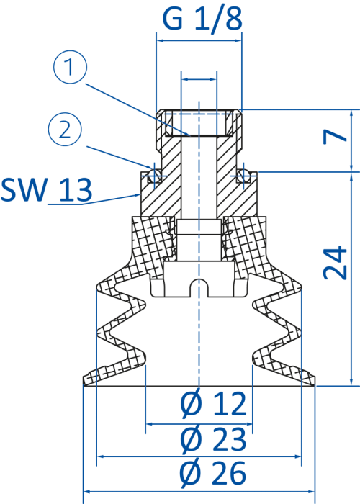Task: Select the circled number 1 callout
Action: pyautogui.click(x=70, y=67)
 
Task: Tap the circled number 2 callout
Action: pyautogui.click(x=65, y=130)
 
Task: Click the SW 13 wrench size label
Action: pyautogui.click(x=46, y=189)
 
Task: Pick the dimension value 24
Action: pyautogui.click(x=335, y=262)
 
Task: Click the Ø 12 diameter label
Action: pyautogui.click(x=213, y=403)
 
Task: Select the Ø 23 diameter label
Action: pyautogui.click(x=213, y=438)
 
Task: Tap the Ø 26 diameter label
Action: pyautogui.click(x=213, y=473)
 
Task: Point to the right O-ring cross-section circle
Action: pyautogui.click(x=244, y=176)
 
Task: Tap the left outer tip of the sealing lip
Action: pyautogui.click(x=84, y=382)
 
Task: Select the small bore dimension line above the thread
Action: pyautogui.click(x=199, y=79)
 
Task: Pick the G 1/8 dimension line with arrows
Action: pyautogui.click(x=199, y=40)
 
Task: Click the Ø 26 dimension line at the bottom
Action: pyautogui.click(x=199, y=492)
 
